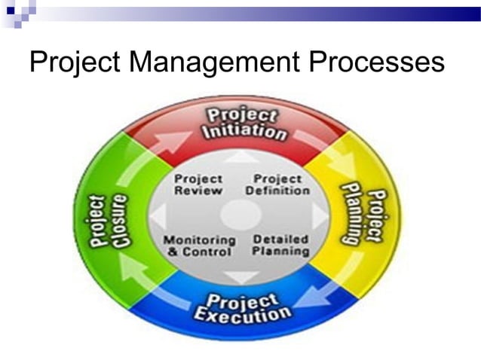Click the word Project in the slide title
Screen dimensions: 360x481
pos(73,61)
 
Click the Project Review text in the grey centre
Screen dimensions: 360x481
pos(198,185)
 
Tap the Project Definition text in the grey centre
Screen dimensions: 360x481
pos(277,185)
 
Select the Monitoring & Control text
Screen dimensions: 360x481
pos(200,246)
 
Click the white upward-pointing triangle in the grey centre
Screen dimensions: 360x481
pos(242,158)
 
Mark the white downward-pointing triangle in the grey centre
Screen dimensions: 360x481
pos(242,276)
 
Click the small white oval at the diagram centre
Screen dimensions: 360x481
pos(241,216)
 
